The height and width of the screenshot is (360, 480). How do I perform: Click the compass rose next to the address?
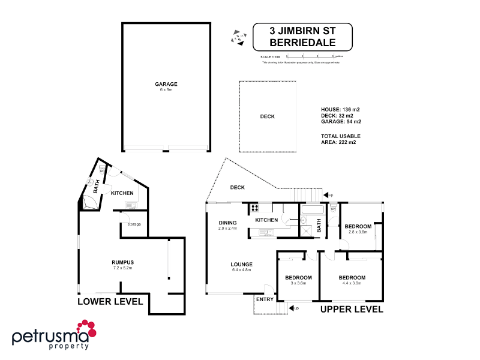coord(238,37)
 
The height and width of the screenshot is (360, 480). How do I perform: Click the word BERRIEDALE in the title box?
coord(302,43)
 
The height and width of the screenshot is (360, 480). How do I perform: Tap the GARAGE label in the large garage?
coord(166,84)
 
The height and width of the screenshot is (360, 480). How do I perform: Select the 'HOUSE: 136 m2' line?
coord(340,109)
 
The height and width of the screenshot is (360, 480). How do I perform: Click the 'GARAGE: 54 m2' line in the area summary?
coord(341,122)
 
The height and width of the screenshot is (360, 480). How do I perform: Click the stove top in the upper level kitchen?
coord(254,208)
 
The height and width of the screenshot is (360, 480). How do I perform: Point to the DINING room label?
coord(227,223)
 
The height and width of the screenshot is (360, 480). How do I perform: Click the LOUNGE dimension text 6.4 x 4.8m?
coord(241,271)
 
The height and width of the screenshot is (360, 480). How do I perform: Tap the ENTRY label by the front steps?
coord(265,299)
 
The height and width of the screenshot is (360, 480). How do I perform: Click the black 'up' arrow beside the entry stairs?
coord(293,308)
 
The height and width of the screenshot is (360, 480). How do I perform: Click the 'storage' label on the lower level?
coord(134,224)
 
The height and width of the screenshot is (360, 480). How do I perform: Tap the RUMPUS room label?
coord(122,263)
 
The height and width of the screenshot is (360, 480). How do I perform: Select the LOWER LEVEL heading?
coord(110,301)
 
